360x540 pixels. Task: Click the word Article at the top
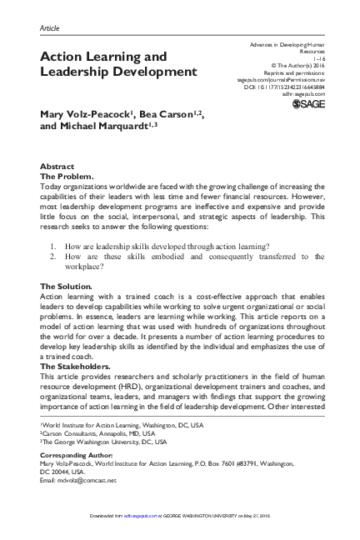click(x=50, y=27)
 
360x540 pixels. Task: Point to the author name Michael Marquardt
click(x=105, y=125)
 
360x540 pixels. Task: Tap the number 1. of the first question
click(x=54, y=247)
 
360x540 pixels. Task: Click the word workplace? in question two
click(x=84, y=267)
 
